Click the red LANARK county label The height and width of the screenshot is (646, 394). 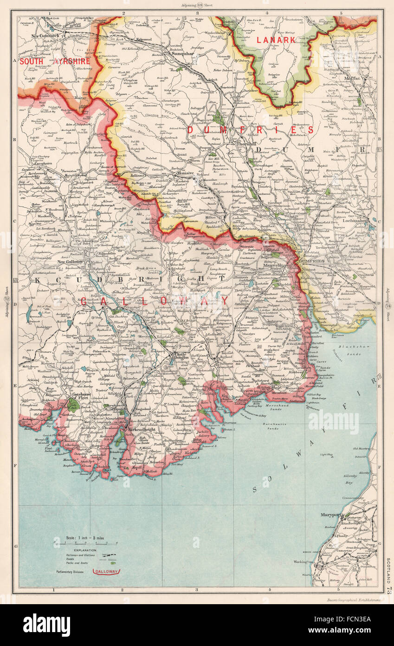(x=276, y=40)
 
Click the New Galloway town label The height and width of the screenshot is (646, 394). (x=70, y=262)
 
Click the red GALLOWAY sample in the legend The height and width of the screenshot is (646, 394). (x=106, y=571)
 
